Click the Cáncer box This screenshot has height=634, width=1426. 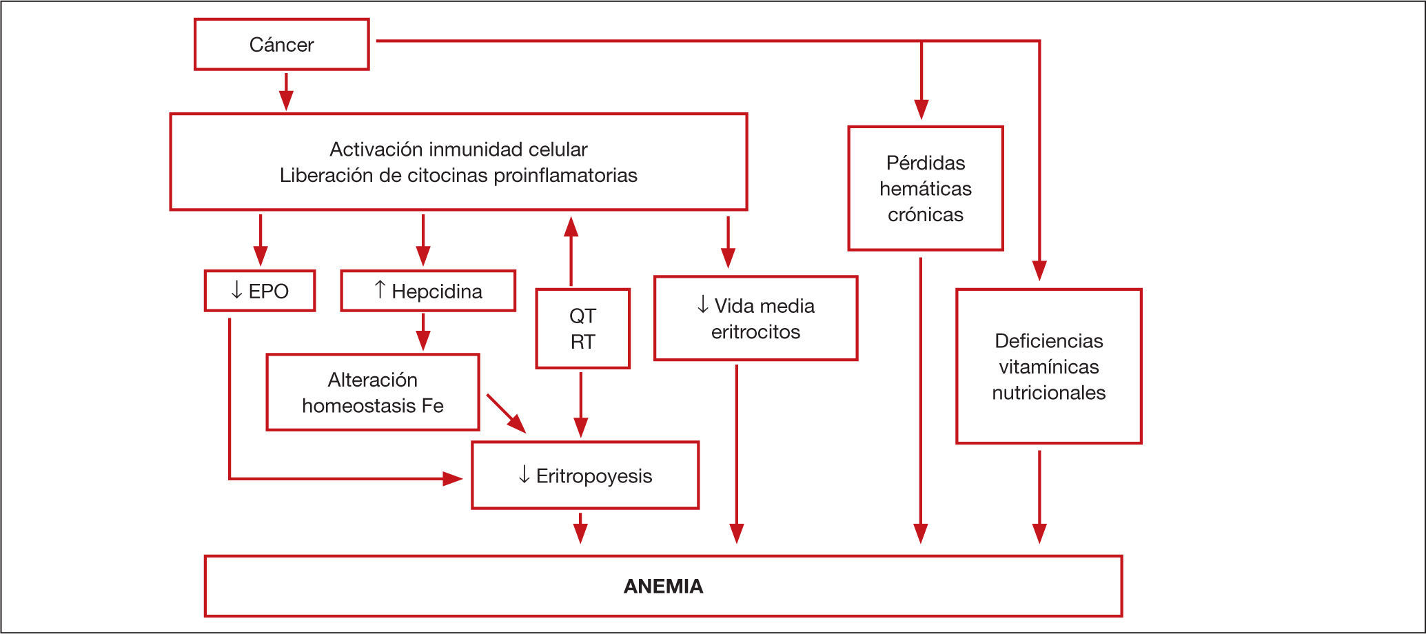(281, 45)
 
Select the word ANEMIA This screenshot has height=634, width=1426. (663, 586)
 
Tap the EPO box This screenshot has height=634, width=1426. (260, 291)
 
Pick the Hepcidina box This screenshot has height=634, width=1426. (428, 291)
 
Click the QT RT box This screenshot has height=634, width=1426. (582, 329)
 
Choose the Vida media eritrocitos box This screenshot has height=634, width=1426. (755, 318)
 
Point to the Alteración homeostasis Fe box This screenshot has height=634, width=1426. (372, 393)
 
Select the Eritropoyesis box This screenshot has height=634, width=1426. (585, 475)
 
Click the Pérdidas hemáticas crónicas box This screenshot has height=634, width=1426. (925, 188)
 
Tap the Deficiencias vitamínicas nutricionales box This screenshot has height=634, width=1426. (1048, 367)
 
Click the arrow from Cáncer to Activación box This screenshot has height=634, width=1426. (286, 91)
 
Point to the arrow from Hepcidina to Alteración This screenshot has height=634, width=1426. (423, 331)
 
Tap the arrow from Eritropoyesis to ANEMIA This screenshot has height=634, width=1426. (580, 528)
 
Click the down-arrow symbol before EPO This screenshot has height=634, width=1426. (236, 291)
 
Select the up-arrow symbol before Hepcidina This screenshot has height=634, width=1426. (380, 290)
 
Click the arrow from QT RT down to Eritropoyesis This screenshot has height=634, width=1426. (581, 405)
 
